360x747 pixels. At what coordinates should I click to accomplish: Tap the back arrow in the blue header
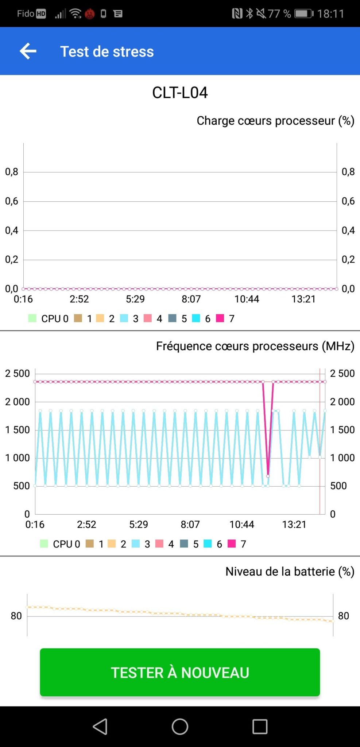(x=28, y=51)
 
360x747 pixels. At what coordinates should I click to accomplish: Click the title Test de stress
(x=107, y=51)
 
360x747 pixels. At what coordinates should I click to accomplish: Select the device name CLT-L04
(x=180, y=93)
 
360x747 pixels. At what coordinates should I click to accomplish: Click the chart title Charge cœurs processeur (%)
(x=275, y=121)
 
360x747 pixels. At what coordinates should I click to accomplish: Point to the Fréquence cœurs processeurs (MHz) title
(x=255, y=346)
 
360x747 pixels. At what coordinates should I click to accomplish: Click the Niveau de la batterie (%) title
(x=290, y=572)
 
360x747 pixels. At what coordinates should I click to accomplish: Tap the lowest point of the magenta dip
(x=268, y=476)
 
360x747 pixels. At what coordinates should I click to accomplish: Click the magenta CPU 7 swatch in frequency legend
(x=232, y=544)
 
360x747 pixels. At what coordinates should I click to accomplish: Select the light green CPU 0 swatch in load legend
(x=32, y=318)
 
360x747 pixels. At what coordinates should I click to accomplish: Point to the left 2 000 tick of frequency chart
(x=18, y=402)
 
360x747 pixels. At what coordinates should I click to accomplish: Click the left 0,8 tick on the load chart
(x=12, y=172)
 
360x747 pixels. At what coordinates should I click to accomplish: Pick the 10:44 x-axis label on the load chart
(x=247, y=299)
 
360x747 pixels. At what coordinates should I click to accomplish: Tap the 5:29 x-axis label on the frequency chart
(x=139, y=525)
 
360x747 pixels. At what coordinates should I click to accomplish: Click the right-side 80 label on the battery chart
(x=343, y=616)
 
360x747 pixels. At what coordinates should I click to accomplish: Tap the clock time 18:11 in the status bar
(x=330, y=14)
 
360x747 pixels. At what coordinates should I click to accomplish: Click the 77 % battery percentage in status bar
(x=279, y=14)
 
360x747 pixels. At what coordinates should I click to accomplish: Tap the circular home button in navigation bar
(x=180, y=727)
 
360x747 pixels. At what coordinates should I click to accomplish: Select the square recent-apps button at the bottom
(x=260, y=727)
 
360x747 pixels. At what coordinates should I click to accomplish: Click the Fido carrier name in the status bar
(x=26, y=14)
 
